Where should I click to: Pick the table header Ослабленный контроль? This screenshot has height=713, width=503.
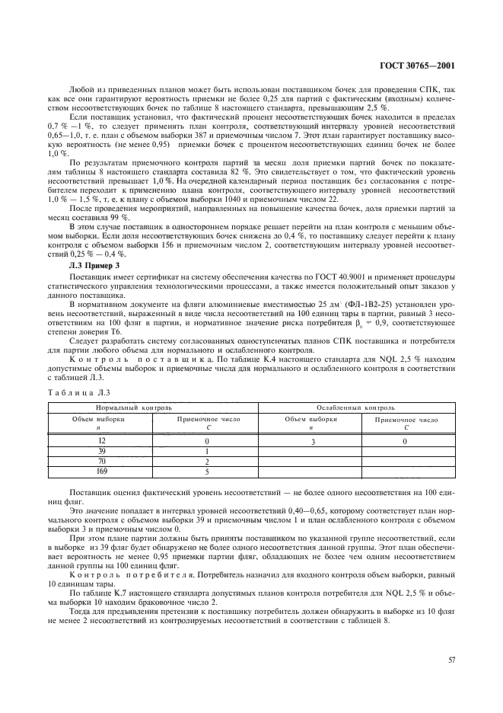point(355,408)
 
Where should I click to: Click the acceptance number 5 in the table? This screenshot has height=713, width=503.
point(208,472)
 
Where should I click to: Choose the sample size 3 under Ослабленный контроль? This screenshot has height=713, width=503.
point(311,441)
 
